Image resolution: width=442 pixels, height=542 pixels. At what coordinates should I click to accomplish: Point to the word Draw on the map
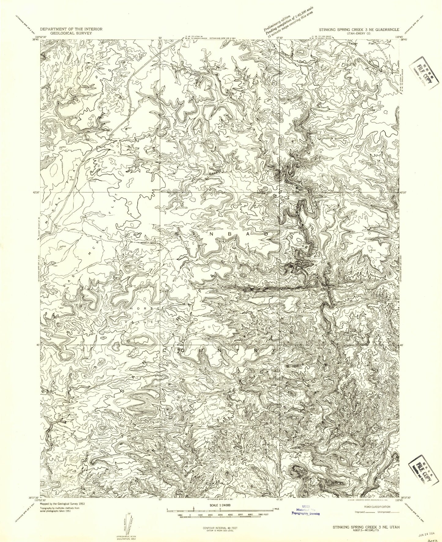[x=262, y=193]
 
